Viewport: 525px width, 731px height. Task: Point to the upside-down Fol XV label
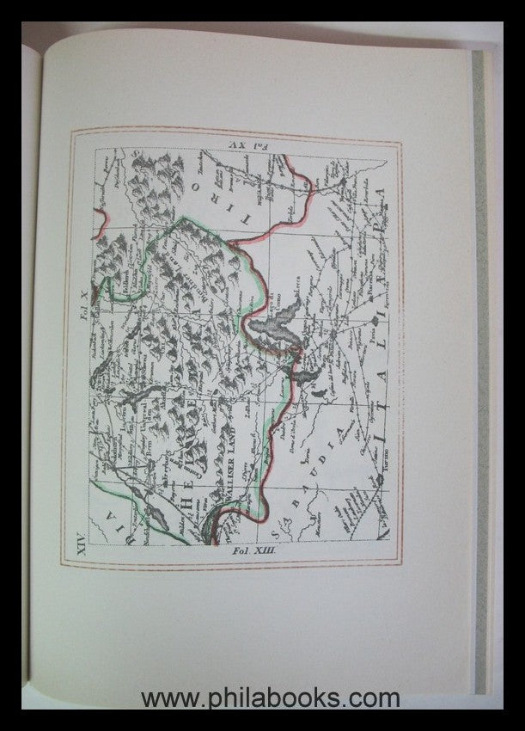[245, 143]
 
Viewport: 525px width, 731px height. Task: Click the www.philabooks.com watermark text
[271, 697]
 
